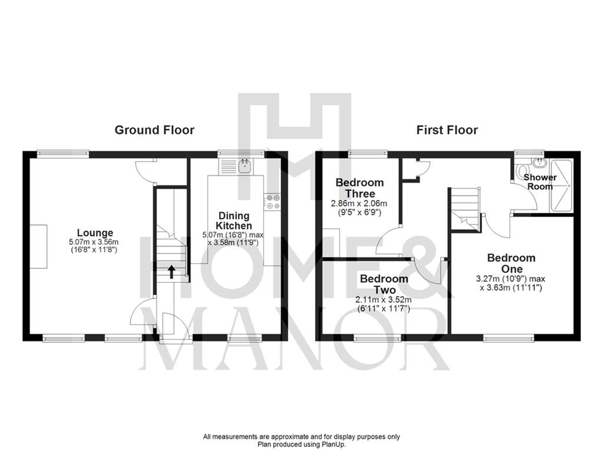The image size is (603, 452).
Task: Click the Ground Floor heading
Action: click(154, 130)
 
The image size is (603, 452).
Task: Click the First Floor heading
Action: click(447, 130)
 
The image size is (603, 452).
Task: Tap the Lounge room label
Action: click(95, 233)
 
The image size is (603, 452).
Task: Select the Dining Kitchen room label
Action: click(234, 221)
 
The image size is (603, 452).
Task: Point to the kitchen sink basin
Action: click(245, 166)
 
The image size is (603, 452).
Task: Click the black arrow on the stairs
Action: click(171, 272)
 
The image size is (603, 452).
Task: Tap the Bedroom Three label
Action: click(359, 188)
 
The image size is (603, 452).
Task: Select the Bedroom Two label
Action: click(384, 284)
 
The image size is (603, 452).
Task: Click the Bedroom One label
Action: click(511, 263)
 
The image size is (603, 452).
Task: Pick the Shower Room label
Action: click(540, 182)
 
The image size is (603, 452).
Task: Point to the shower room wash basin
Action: click(539, 163)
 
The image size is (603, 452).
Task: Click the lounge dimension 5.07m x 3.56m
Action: click(94, 242)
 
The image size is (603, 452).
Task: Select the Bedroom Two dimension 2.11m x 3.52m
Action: click(383, 300)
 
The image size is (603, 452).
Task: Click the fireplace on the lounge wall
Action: click(39, 246)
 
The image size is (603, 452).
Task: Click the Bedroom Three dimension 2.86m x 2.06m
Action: click(359, 204)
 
